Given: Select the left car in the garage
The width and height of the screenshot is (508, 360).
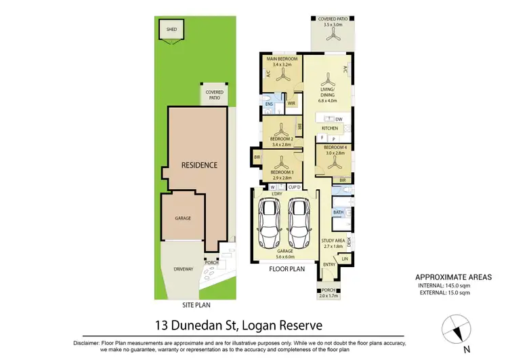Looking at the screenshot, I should tap(270, 224).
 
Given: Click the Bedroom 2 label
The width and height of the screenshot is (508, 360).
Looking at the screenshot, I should tap(280, 141).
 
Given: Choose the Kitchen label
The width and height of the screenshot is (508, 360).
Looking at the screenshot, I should tap(329, 127).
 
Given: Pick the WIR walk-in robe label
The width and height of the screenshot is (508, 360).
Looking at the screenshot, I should tap(291, 104).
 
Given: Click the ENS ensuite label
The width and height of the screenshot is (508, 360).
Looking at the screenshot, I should tap(269, 106).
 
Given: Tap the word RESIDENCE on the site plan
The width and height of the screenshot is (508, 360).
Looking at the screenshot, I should tap(198, 165).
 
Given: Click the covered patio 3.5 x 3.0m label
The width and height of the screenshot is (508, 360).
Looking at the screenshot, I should tap(331, 22).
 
